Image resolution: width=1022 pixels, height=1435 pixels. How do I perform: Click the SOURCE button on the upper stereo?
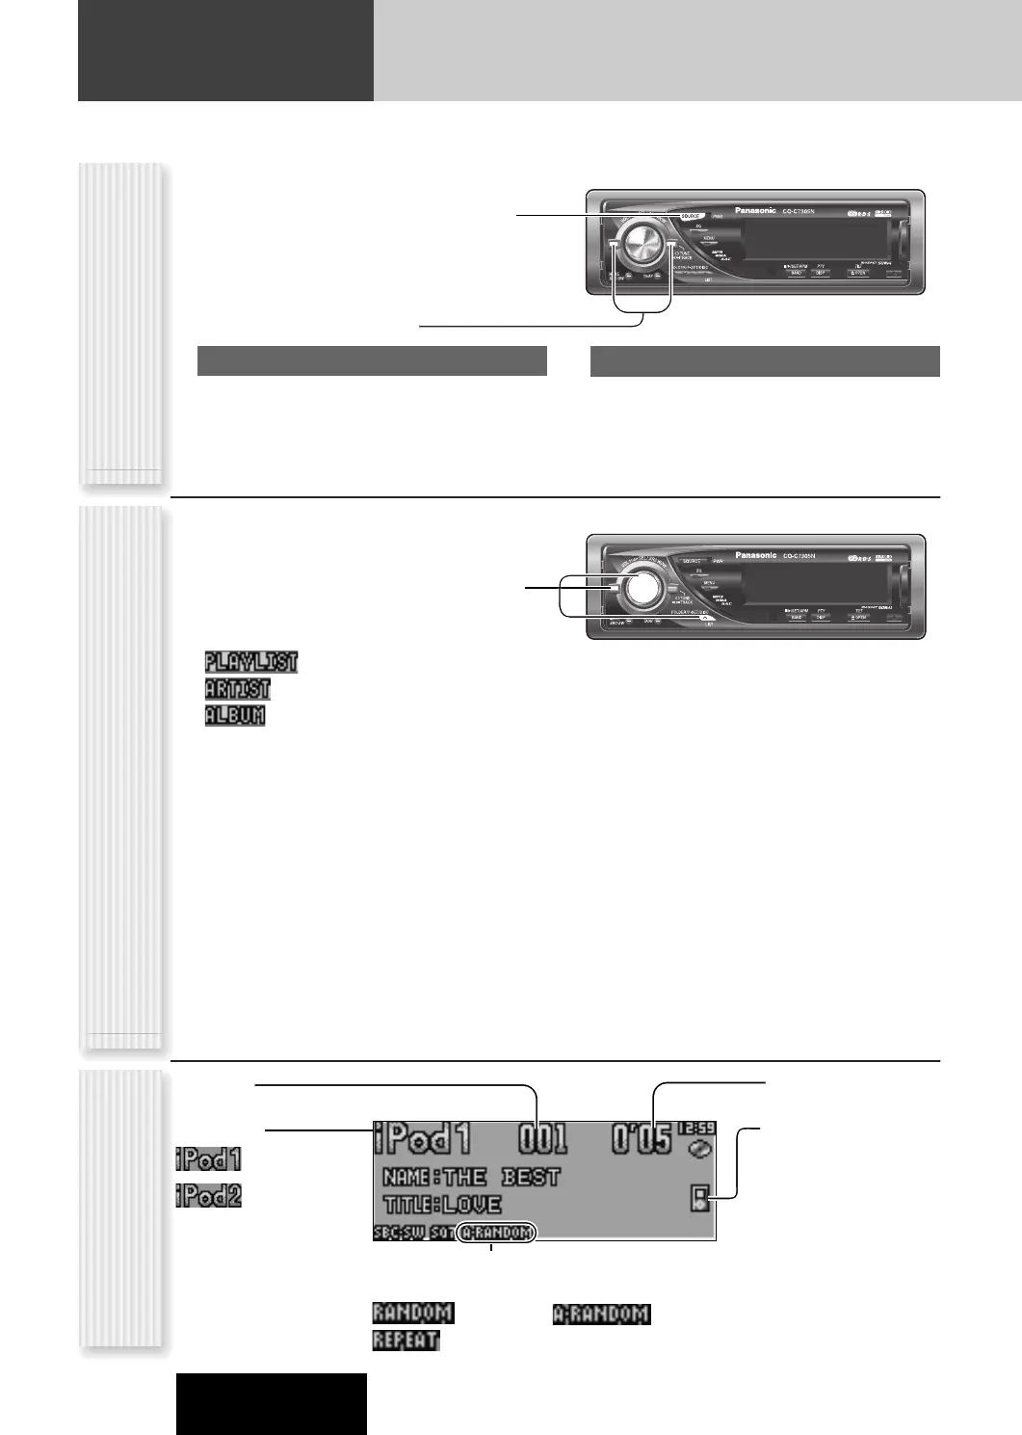(x=690, y=217)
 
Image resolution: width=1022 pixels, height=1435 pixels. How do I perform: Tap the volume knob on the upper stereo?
(x=639, y=248)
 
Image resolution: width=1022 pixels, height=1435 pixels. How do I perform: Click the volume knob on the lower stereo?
(x=639, y=590)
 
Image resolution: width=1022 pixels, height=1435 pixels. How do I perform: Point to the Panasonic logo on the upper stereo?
(x=755, y=210)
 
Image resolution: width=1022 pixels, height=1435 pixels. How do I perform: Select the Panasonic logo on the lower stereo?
(x=755, y=555)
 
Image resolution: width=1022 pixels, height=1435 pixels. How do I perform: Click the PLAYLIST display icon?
(x=250, y=662)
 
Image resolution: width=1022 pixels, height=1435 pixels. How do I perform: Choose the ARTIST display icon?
(x=237, y=689)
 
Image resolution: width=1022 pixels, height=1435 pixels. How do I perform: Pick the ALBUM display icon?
(x=234, y=716)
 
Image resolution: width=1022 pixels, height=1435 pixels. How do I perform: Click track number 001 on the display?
(x=543, y=1140)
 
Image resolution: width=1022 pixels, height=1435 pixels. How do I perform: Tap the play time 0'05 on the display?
(x=642, y=1140)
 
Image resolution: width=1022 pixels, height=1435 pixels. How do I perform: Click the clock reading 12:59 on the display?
(x=696, y=1128)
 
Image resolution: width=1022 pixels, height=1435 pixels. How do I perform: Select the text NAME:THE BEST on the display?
(x=471, y=1177)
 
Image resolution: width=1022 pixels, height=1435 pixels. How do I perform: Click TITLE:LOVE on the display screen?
(x=442, y=1205)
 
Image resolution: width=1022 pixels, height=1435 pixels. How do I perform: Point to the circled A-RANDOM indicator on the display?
(x=495, y=1233)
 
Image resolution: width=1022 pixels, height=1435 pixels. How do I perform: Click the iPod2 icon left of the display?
(x=208, y=1196)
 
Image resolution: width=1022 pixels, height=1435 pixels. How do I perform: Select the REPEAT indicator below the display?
(x=406, y=1341)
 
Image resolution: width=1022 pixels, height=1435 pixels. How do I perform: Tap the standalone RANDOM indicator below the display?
(x=412, y=1313)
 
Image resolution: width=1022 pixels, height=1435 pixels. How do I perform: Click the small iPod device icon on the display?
(x=700, y=1199)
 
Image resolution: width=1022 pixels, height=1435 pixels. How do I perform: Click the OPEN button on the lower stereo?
(x=857, y=617)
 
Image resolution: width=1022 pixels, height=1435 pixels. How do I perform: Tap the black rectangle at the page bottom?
(x=271, y=1403)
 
